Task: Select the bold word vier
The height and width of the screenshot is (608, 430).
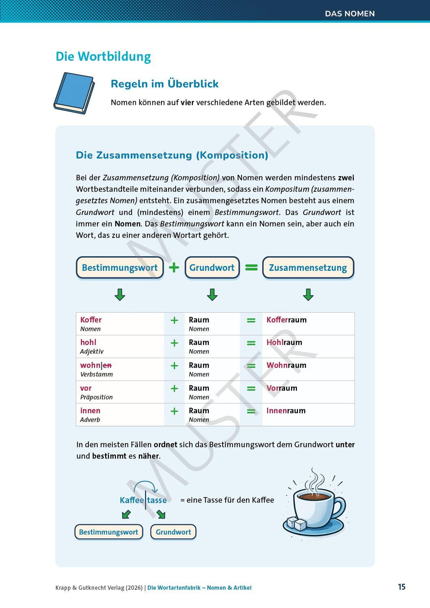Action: tap(187, 102)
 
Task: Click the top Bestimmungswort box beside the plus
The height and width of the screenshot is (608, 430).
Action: tap(120, 267)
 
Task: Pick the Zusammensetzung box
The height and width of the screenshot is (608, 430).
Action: tap(308, 267)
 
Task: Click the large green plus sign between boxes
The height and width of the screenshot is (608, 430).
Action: tap(174, 267)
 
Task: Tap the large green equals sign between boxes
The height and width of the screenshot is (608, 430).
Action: tap(251, 267)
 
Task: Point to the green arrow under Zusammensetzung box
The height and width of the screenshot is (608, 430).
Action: tap(308, 295)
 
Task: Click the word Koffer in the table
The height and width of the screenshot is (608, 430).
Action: tap(91, 320)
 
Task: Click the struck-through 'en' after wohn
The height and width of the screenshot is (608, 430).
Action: tap(107, 366)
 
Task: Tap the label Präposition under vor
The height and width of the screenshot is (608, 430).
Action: tap(96, 397)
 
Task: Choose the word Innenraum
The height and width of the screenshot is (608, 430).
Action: tap(286, 411)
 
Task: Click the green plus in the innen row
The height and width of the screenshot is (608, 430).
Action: tap(174, 411)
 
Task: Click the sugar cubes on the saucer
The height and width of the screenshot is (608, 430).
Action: tap(297, 523)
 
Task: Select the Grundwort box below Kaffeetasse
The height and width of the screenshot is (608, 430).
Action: tap(173, 532)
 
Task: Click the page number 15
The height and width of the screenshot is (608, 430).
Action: tap(401, 587)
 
